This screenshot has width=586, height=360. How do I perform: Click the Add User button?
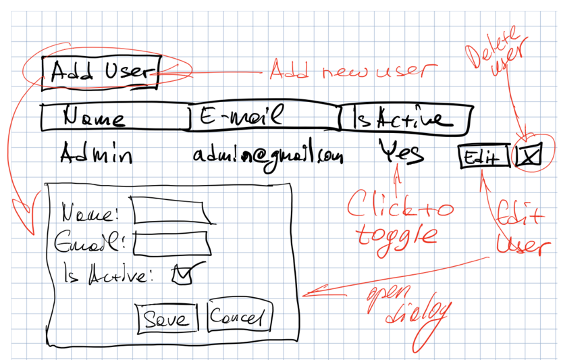[x=100, y=72]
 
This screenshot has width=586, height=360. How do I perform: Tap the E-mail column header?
[x=263, y=118]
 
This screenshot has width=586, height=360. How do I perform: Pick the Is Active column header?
[x=403, y=119]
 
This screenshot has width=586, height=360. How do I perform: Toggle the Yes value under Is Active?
[x=400, y=153]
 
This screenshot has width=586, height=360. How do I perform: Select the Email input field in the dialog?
[x=171, y=242]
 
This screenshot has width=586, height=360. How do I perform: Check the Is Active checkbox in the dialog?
[x=183, y=274]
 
